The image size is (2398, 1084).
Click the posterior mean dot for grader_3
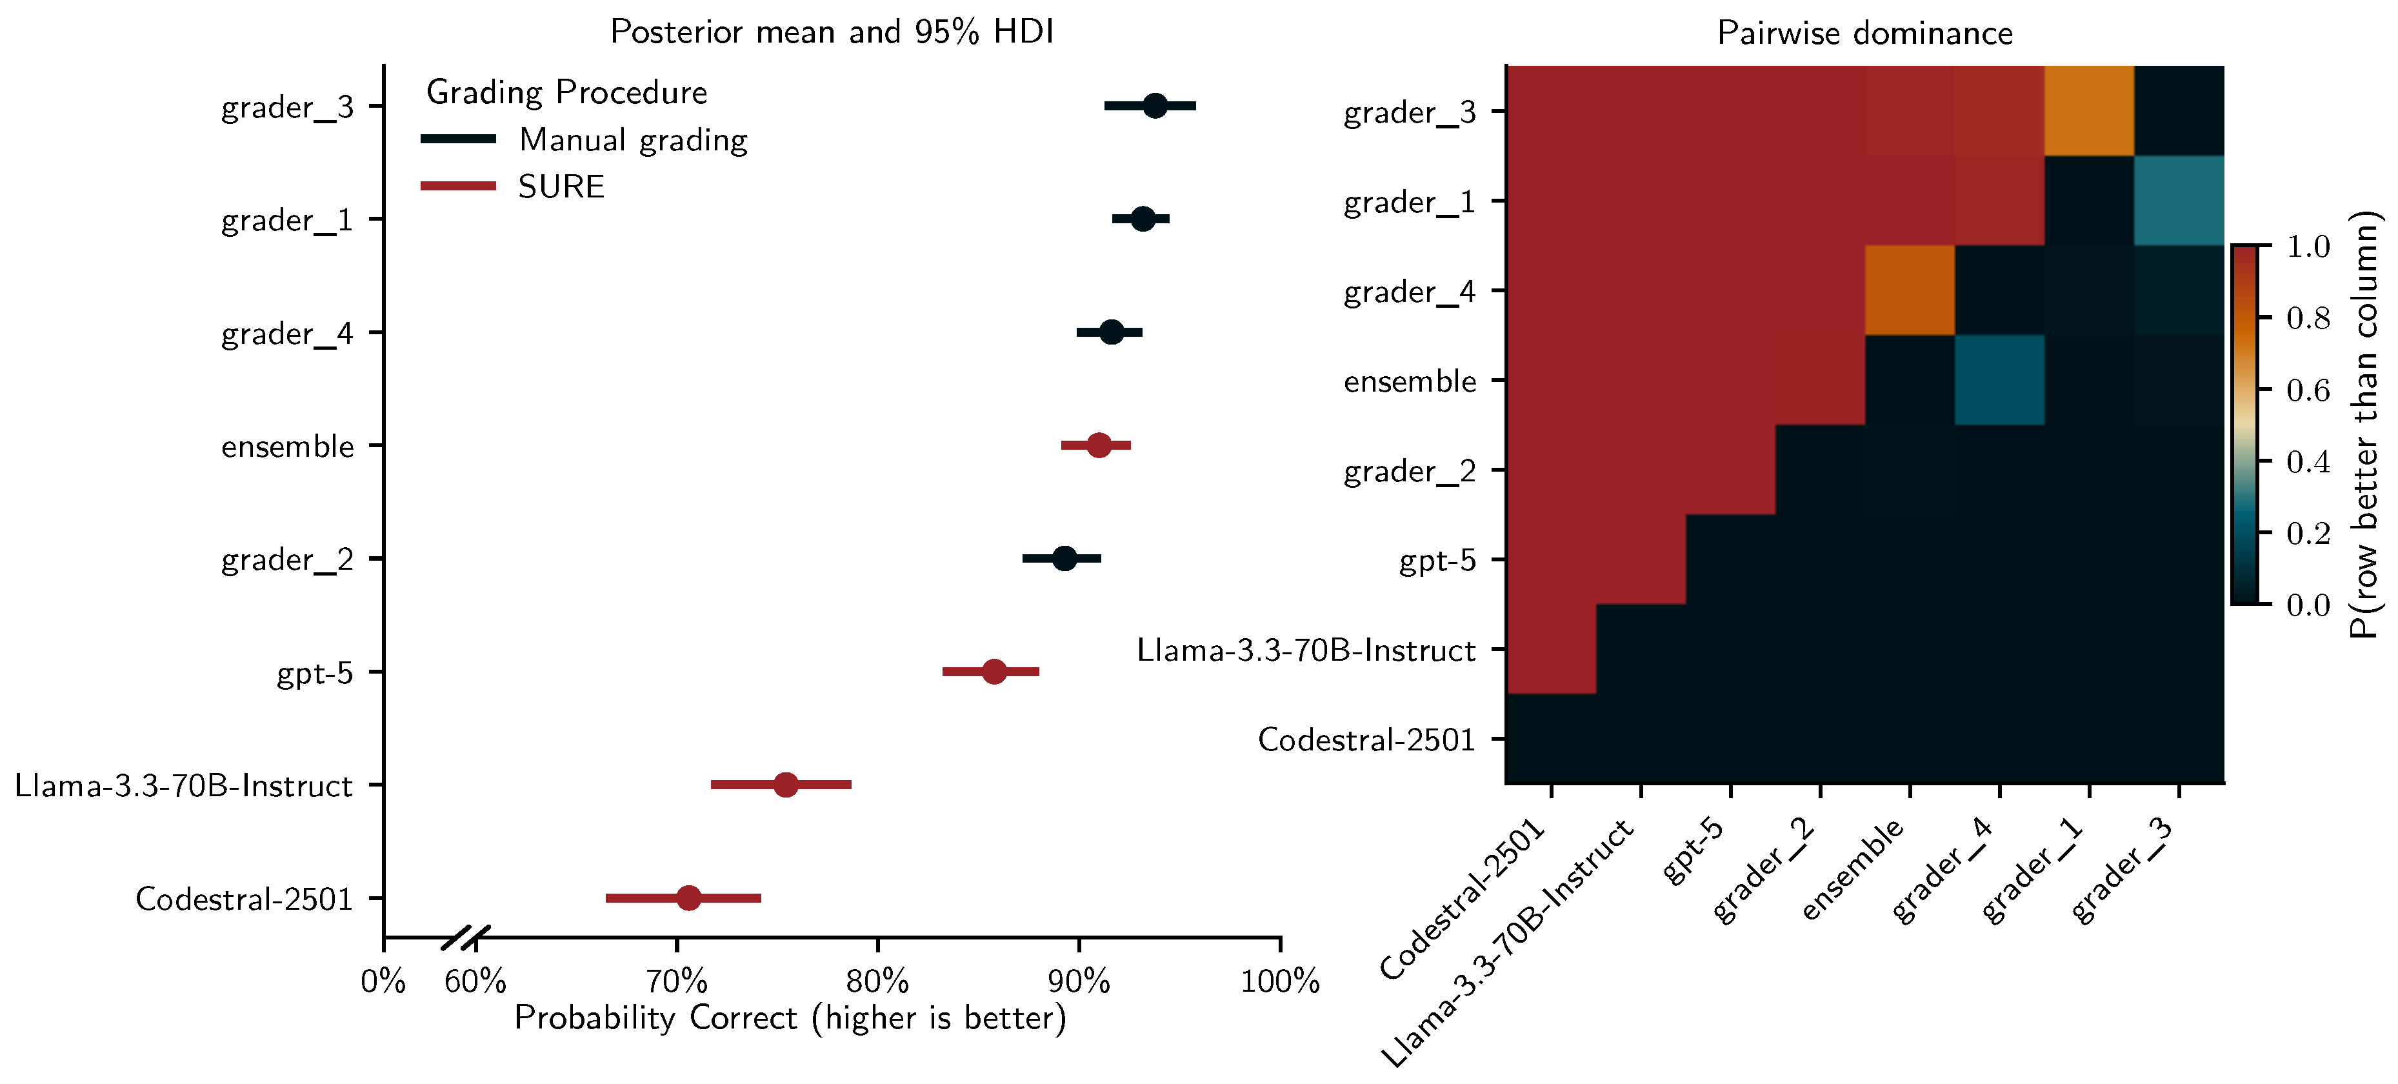1154,106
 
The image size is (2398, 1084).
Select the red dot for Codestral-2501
688,898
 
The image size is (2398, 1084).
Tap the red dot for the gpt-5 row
994,672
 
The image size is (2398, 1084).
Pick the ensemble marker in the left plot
1099,445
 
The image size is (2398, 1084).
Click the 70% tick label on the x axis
677,981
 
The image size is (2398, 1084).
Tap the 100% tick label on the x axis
1279,981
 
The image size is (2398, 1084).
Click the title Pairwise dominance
1864,34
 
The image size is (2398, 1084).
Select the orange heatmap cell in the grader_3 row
2089,111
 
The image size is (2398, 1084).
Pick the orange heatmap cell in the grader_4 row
1909,290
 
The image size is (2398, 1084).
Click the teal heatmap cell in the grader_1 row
2178,200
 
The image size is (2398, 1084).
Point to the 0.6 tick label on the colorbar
2308,390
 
